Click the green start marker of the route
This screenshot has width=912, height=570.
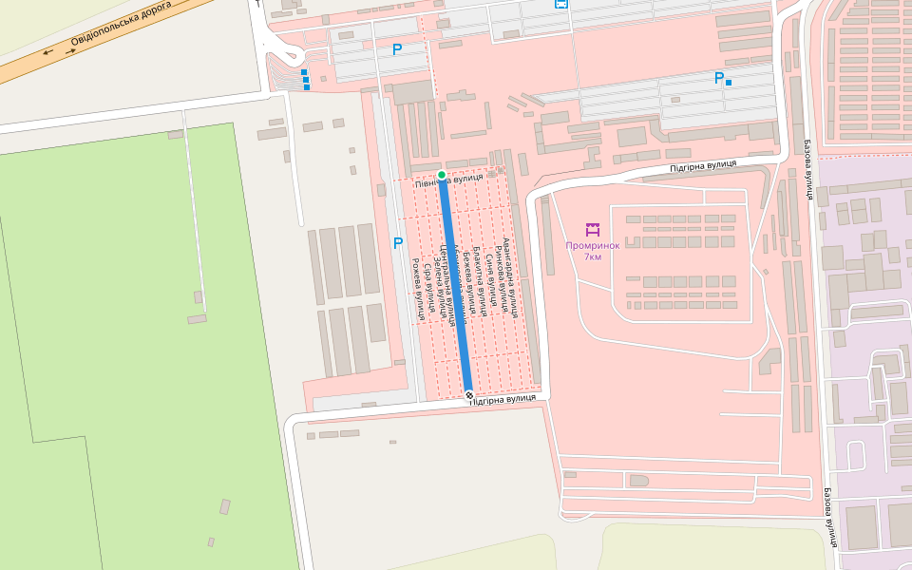point(442,175)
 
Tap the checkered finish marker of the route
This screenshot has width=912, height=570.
point(468,394)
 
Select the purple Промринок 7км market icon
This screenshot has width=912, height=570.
point(593,230)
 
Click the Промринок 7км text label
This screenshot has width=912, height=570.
point(593,251)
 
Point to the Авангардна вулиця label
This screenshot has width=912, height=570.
point(510,275)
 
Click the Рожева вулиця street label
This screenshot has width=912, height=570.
point(417,290)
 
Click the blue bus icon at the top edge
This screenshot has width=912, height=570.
point(561,4)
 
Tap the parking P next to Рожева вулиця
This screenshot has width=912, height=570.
point(398,243)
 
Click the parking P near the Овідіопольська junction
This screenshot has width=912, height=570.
point(397,49)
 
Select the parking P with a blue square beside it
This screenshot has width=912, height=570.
point(719,79)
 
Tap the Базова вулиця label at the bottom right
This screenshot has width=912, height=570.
point(830,518)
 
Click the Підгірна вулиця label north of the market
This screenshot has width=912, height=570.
point(703,165)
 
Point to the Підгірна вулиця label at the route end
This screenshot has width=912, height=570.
point(503,398)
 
